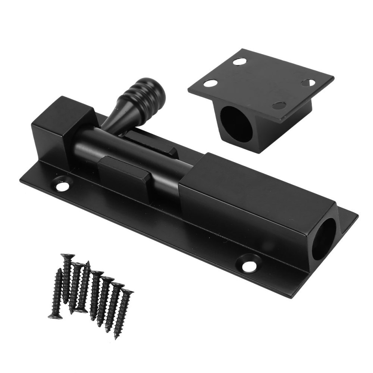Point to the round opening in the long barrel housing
click(x=324, y=239)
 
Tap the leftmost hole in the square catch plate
click(x=211, y=83)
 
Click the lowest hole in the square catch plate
click(x=279, y=106)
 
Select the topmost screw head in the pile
click(x=68, y=257)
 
